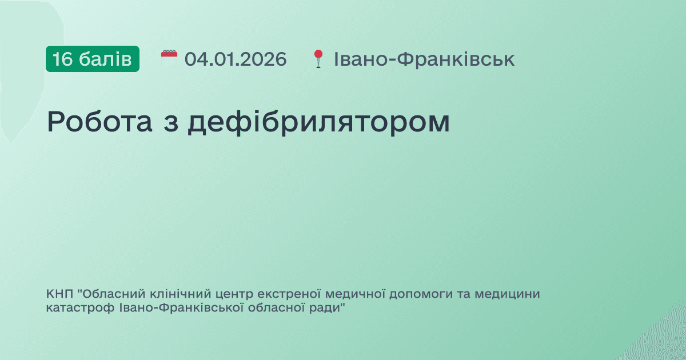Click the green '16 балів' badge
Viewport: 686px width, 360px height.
point(93,59)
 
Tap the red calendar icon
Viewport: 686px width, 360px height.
point(169,59)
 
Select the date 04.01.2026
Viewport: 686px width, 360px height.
point(236,59)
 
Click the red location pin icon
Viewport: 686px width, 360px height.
point(318,58)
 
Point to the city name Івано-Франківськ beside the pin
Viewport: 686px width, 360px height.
point(424,59)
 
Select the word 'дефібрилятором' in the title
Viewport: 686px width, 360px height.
point(319,122)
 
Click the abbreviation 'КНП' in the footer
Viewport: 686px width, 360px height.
point(60,295)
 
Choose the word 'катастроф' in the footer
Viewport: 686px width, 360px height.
point(73,309)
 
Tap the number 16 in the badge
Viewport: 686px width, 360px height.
point(62,59)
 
